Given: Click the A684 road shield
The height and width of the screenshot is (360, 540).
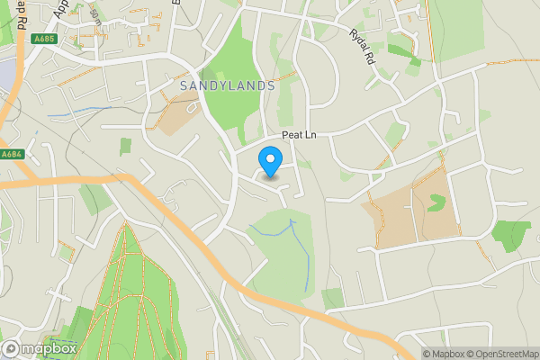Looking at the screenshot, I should coord(12,154).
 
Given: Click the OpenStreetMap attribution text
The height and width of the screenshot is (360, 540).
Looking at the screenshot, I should coord(499,354).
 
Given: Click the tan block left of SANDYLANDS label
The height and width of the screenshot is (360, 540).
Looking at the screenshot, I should coord(179,115).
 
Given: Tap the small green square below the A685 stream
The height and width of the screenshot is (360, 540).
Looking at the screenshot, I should coord(125,146).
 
